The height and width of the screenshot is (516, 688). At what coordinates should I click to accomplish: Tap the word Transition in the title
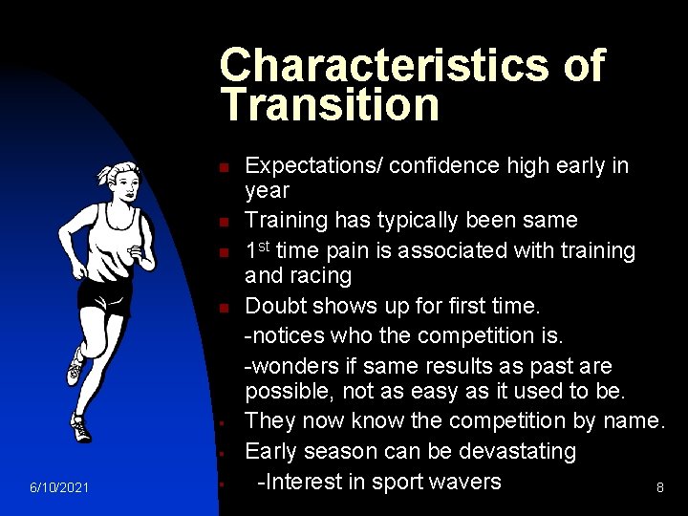[x=329, y=104]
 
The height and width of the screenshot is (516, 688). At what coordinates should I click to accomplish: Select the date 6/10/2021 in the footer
[x=59, y=488]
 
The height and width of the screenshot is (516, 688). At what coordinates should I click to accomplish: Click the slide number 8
[x=659, y=487]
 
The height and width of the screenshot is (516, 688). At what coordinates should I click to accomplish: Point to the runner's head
[x=122, y=179]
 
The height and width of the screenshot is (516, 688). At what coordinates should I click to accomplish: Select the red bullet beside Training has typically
[x=221, y=223]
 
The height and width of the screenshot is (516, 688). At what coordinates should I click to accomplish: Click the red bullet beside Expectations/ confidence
[x=221, y=168]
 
